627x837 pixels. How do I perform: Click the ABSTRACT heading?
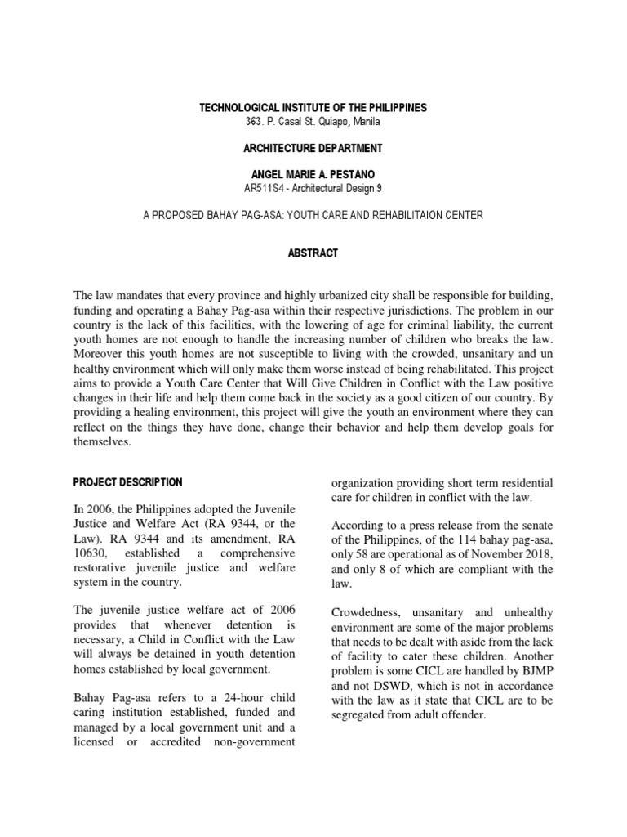click(313, 253)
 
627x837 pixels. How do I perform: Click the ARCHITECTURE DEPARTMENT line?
click(313, 148)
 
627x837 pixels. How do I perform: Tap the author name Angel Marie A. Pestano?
click(313, 175)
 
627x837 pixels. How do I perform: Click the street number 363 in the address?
click(254, 121)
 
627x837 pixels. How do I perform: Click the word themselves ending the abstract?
click(102, 441)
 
